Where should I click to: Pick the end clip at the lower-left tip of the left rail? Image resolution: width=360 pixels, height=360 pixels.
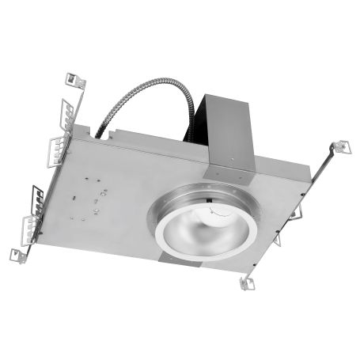point(17,254)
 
